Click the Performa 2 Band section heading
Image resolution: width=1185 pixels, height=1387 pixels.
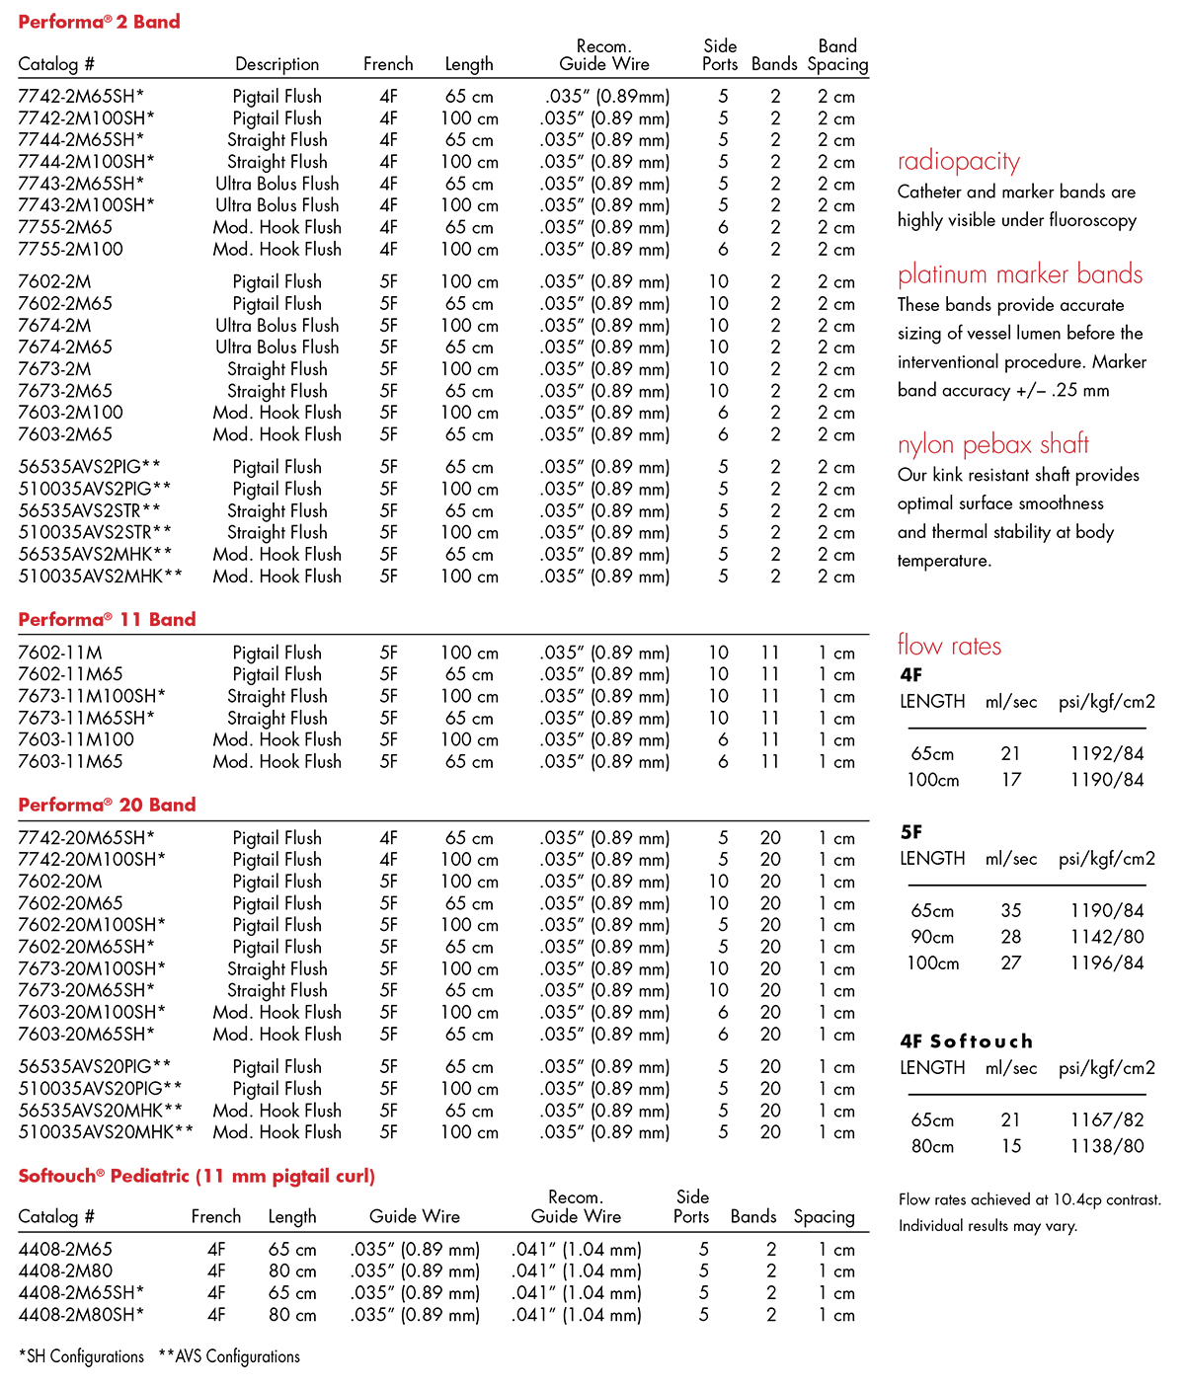pos(99,22)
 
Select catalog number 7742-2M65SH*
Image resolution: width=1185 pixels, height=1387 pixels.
pos(81,97)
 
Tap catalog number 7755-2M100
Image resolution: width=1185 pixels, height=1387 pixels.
pos(71,250)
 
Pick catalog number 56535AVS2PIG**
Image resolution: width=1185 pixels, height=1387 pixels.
pos(90,467)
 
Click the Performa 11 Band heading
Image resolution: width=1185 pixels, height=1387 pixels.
pos(107,620)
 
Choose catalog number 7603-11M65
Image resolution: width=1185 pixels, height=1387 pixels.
pos(71,762)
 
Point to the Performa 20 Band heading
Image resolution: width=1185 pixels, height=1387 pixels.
pos(107,806)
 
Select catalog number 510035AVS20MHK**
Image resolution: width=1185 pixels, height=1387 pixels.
pos(107,1132)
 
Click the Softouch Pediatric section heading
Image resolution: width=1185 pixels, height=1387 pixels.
pos(197,1177)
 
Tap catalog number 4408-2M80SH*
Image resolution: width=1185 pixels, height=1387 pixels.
pos(81,1315)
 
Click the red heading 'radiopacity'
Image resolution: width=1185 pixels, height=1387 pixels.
pos(958,162)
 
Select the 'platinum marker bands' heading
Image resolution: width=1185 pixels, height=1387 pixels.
pos(1019,274)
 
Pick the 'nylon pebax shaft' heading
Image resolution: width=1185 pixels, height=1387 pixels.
pos(992,445)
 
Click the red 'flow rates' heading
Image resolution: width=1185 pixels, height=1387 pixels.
pos(949,646)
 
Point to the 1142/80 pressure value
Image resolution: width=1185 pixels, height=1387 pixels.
pos(1107,937)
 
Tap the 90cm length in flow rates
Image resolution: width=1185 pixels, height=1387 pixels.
pos(932,937)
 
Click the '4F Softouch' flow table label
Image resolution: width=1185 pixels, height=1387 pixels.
pos(966,1041)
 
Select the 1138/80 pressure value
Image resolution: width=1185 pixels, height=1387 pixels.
pos(1107,1146)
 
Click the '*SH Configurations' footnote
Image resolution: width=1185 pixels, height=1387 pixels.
pos(82,1356)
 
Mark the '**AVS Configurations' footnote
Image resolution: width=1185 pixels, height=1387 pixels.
pos(229,1356)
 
